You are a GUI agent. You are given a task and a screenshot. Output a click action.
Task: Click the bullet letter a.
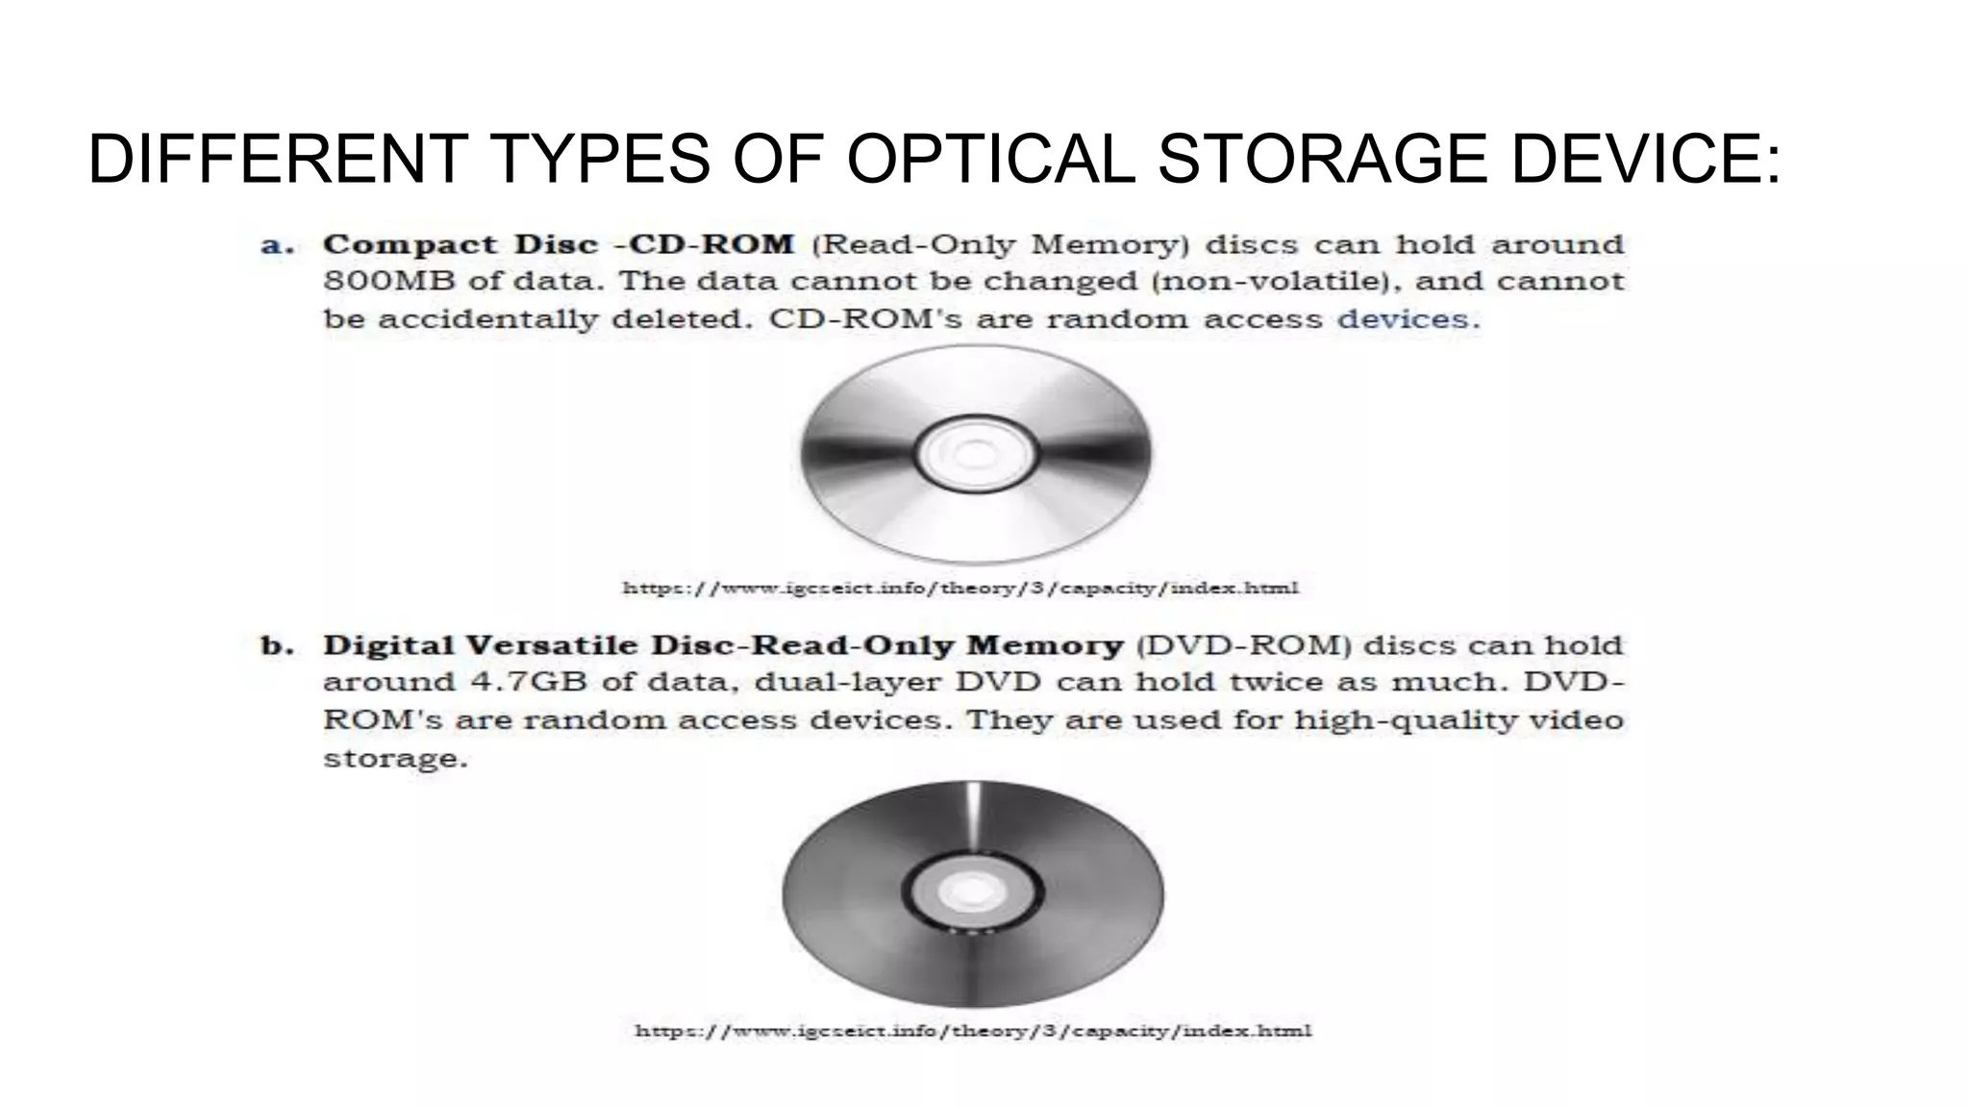pyautogui.click(x=277, y=245)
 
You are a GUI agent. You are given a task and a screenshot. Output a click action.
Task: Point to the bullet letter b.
pyautogui.click(x=277, y=646)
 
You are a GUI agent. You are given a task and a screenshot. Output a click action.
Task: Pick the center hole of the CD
pyautogui.click(x=975, y=454)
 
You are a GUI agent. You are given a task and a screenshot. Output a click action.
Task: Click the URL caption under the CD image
pyautogui.click(x=960, y=588)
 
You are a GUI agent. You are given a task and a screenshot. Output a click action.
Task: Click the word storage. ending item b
pyautogui.click(x=395, y=759)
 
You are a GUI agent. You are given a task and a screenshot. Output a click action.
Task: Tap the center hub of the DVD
pyautogui.click(x=972, y=893)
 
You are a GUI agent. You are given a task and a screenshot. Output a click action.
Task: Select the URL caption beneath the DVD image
pyautogui.click(x=973, y=1031)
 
